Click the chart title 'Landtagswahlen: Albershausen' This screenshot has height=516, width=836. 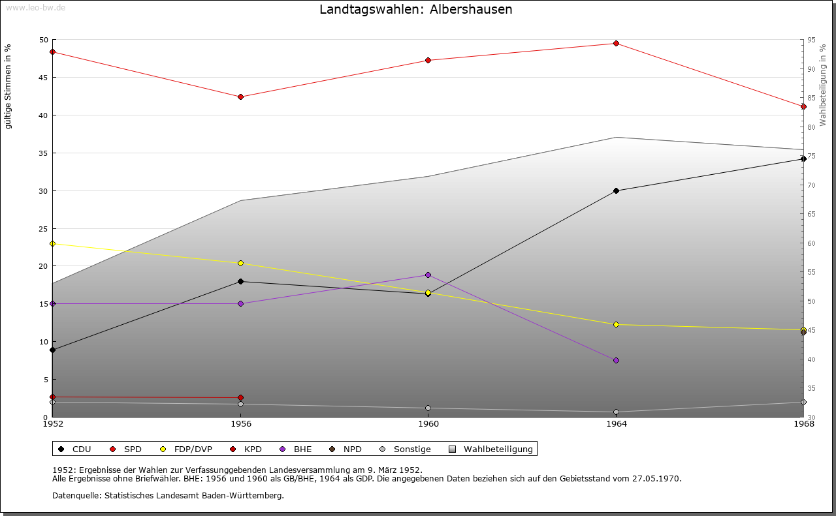[415, 10]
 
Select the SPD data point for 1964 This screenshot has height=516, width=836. [616, 44]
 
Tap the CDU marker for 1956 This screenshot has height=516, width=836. [240, 281]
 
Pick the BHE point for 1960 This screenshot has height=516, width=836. [428, 275]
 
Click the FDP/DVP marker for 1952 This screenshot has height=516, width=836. [52, 243]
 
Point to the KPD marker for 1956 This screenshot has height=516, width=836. [240, 397]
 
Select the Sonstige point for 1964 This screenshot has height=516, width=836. [616, 412]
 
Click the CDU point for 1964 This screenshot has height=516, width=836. [616, 191]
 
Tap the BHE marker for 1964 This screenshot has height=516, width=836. [616, 360]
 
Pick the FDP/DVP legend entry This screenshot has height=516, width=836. [186, 449]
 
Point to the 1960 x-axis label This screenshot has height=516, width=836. [428, 424]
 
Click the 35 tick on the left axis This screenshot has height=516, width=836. [44, 153]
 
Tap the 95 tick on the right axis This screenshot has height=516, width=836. [811, 40]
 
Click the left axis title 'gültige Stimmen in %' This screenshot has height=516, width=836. [8, 86]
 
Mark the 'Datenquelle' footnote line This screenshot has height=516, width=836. [168, 495]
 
